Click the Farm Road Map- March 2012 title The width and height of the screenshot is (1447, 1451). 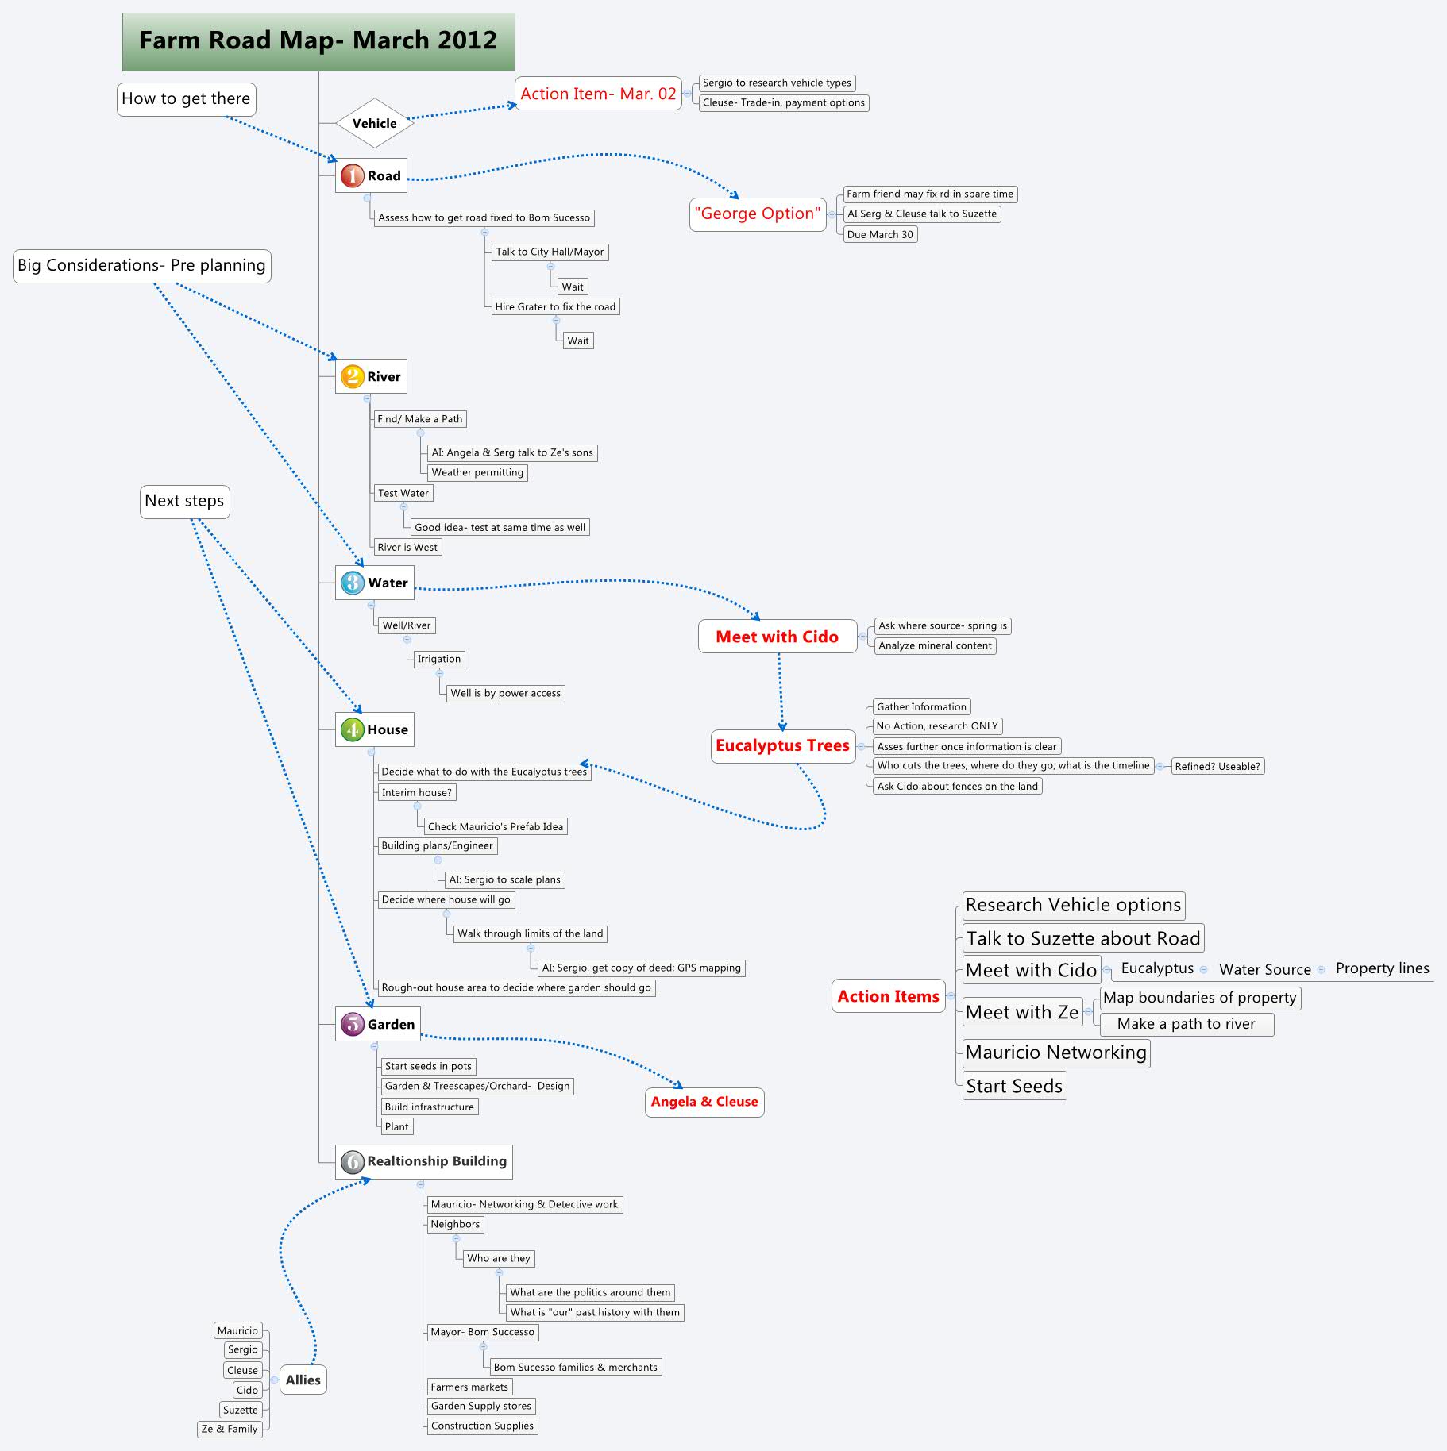pyautogui.click(x=318, y=41)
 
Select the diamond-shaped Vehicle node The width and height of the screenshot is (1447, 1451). pyautogui.click(x=374, y=123)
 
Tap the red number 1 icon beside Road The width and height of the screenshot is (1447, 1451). pyautogui.click(x=352, y=175)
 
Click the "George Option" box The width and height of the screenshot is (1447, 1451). pyautogui.click(x=758, y=214)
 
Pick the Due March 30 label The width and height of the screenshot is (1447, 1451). pyautogui.click(x=880, y=234)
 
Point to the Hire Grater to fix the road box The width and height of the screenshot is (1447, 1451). pyautogui.click(x=555, y=306)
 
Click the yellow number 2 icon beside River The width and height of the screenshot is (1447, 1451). pyautogui.click(x=352, y=376)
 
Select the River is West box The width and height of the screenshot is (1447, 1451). pyautogui.click(x=407, y=547)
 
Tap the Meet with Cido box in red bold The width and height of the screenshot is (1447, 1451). pyautogui.click(x=777, y=637)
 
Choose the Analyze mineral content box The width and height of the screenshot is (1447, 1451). pyautogui.click(x=935, y=645)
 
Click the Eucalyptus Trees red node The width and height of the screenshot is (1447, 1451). pyautogui.click(x=782, y=745)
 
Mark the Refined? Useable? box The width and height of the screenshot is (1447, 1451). pyautogui.click(x=1217, y=766)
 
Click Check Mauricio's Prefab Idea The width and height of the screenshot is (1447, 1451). pyautogui.click(x=496, y=826)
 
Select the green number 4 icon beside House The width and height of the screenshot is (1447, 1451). pyautogui.click(x=352, y=729)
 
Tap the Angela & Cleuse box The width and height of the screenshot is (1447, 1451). pyautogui.click(x=704, y=1102)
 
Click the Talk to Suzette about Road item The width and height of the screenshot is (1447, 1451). pyautogui.click(x=1082, y=938)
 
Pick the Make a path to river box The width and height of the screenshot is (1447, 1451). pyautogui.click(x=1186, y=1024)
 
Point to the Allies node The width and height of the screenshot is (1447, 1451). pyautogui.click(x=303, y=1380)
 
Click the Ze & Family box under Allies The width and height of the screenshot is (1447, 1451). pyautogui.click(x=230, y=1429)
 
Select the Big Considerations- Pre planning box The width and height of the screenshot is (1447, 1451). pyautogui.click(x=142, y=265)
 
